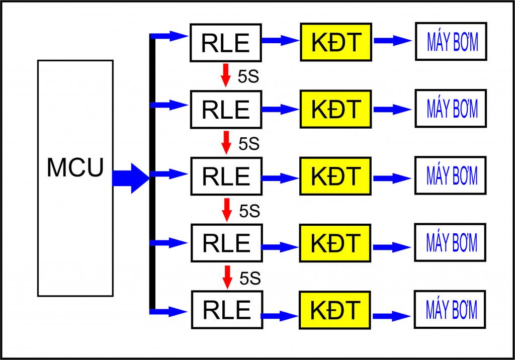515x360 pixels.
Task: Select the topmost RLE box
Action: (226, 42)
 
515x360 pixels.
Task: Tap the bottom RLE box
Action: (226, 309)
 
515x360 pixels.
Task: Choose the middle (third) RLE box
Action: (226, 175)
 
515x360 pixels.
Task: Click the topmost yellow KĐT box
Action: (335, 42)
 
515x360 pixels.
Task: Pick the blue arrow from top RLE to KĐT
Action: (280, 41)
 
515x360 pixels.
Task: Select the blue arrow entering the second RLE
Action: (170, 105)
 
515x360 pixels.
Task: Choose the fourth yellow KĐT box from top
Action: (335, 243)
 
